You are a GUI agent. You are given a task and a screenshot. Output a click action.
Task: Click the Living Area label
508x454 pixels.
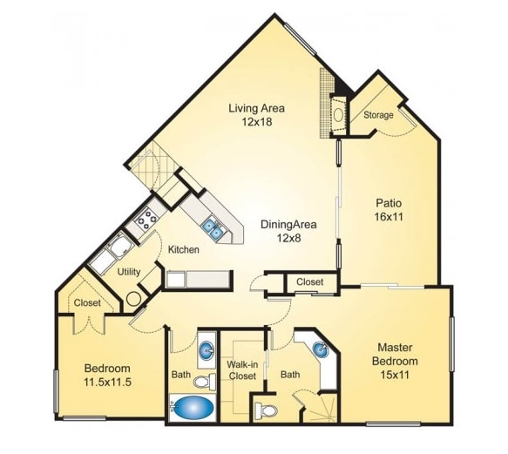(257, 109)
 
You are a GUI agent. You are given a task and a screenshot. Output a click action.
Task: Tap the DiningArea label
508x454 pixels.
(288, 224)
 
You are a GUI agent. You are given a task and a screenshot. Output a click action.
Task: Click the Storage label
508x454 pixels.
(377, 115)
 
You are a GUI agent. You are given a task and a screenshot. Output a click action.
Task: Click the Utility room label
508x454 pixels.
(129, 271)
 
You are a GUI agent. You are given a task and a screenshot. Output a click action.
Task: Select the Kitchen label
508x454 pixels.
(184, 250)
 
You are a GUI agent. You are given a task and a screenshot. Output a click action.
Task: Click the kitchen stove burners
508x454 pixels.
(145, 219)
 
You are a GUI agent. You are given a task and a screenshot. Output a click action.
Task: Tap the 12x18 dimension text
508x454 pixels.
(257, 123)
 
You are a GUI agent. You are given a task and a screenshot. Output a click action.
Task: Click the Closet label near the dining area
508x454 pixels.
(309, 282)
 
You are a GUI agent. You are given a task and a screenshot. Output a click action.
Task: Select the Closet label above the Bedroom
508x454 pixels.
(86, 302)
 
